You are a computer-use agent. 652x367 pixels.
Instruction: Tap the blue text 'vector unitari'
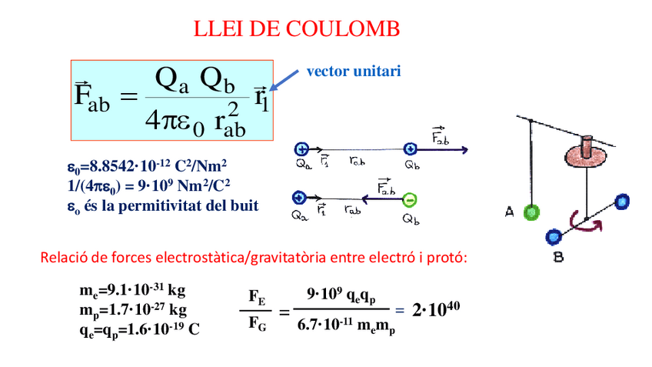[354, 71]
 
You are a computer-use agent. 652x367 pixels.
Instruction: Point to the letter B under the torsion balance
[558, 257]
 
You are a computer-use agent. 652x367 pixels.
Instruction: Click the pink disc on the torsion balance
[587, 155]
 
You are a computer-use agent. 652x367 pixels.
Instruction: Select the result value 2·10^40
[435, 309]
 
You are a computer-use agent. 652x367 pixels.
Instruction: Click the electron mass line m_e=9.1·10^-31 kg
[132, 292]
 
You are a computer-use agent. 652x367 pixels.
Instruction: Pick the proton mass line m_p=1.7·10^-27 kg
[132, 310]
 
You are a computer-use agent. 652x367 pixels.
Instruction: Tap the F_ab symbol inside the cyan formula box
[92, 98]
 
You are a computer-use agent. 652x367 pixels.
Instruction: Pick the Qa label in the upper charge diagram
[301, 163]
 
